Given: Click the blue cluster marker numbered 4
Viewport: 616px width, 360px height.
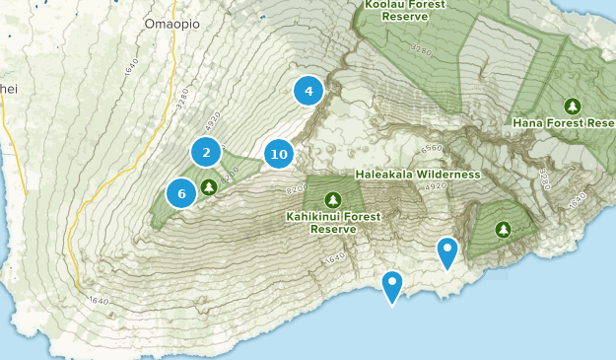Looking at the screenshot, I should pos(308,91).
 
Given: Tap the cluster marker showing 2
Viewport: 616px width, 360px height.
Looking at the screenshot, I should pos(206,152).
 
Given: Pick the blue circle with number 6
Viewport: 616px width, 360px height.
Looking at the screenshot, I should pos(181,193).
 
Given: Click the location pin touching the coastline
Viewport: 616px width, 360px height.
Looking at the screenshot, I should pos(392,287).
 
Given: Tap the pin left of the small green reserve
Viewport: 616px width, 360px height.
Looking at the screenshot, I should pos(447,252).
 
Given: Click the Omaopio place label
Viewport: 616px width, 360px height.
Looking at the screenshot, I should pos(171,23).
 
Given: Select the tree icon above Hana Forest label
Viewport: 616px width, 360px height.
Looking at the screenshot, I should pos(572,106).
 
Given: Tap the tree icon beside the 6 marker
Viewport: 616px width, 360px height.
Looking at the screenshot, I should pos(208,186).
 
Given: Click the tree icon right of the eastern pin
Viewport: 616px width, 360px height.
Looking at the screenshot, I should pos(504,230).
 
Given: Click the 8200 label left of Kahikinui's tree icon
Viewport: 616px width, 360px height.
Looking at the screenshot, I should pos(297,188).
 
